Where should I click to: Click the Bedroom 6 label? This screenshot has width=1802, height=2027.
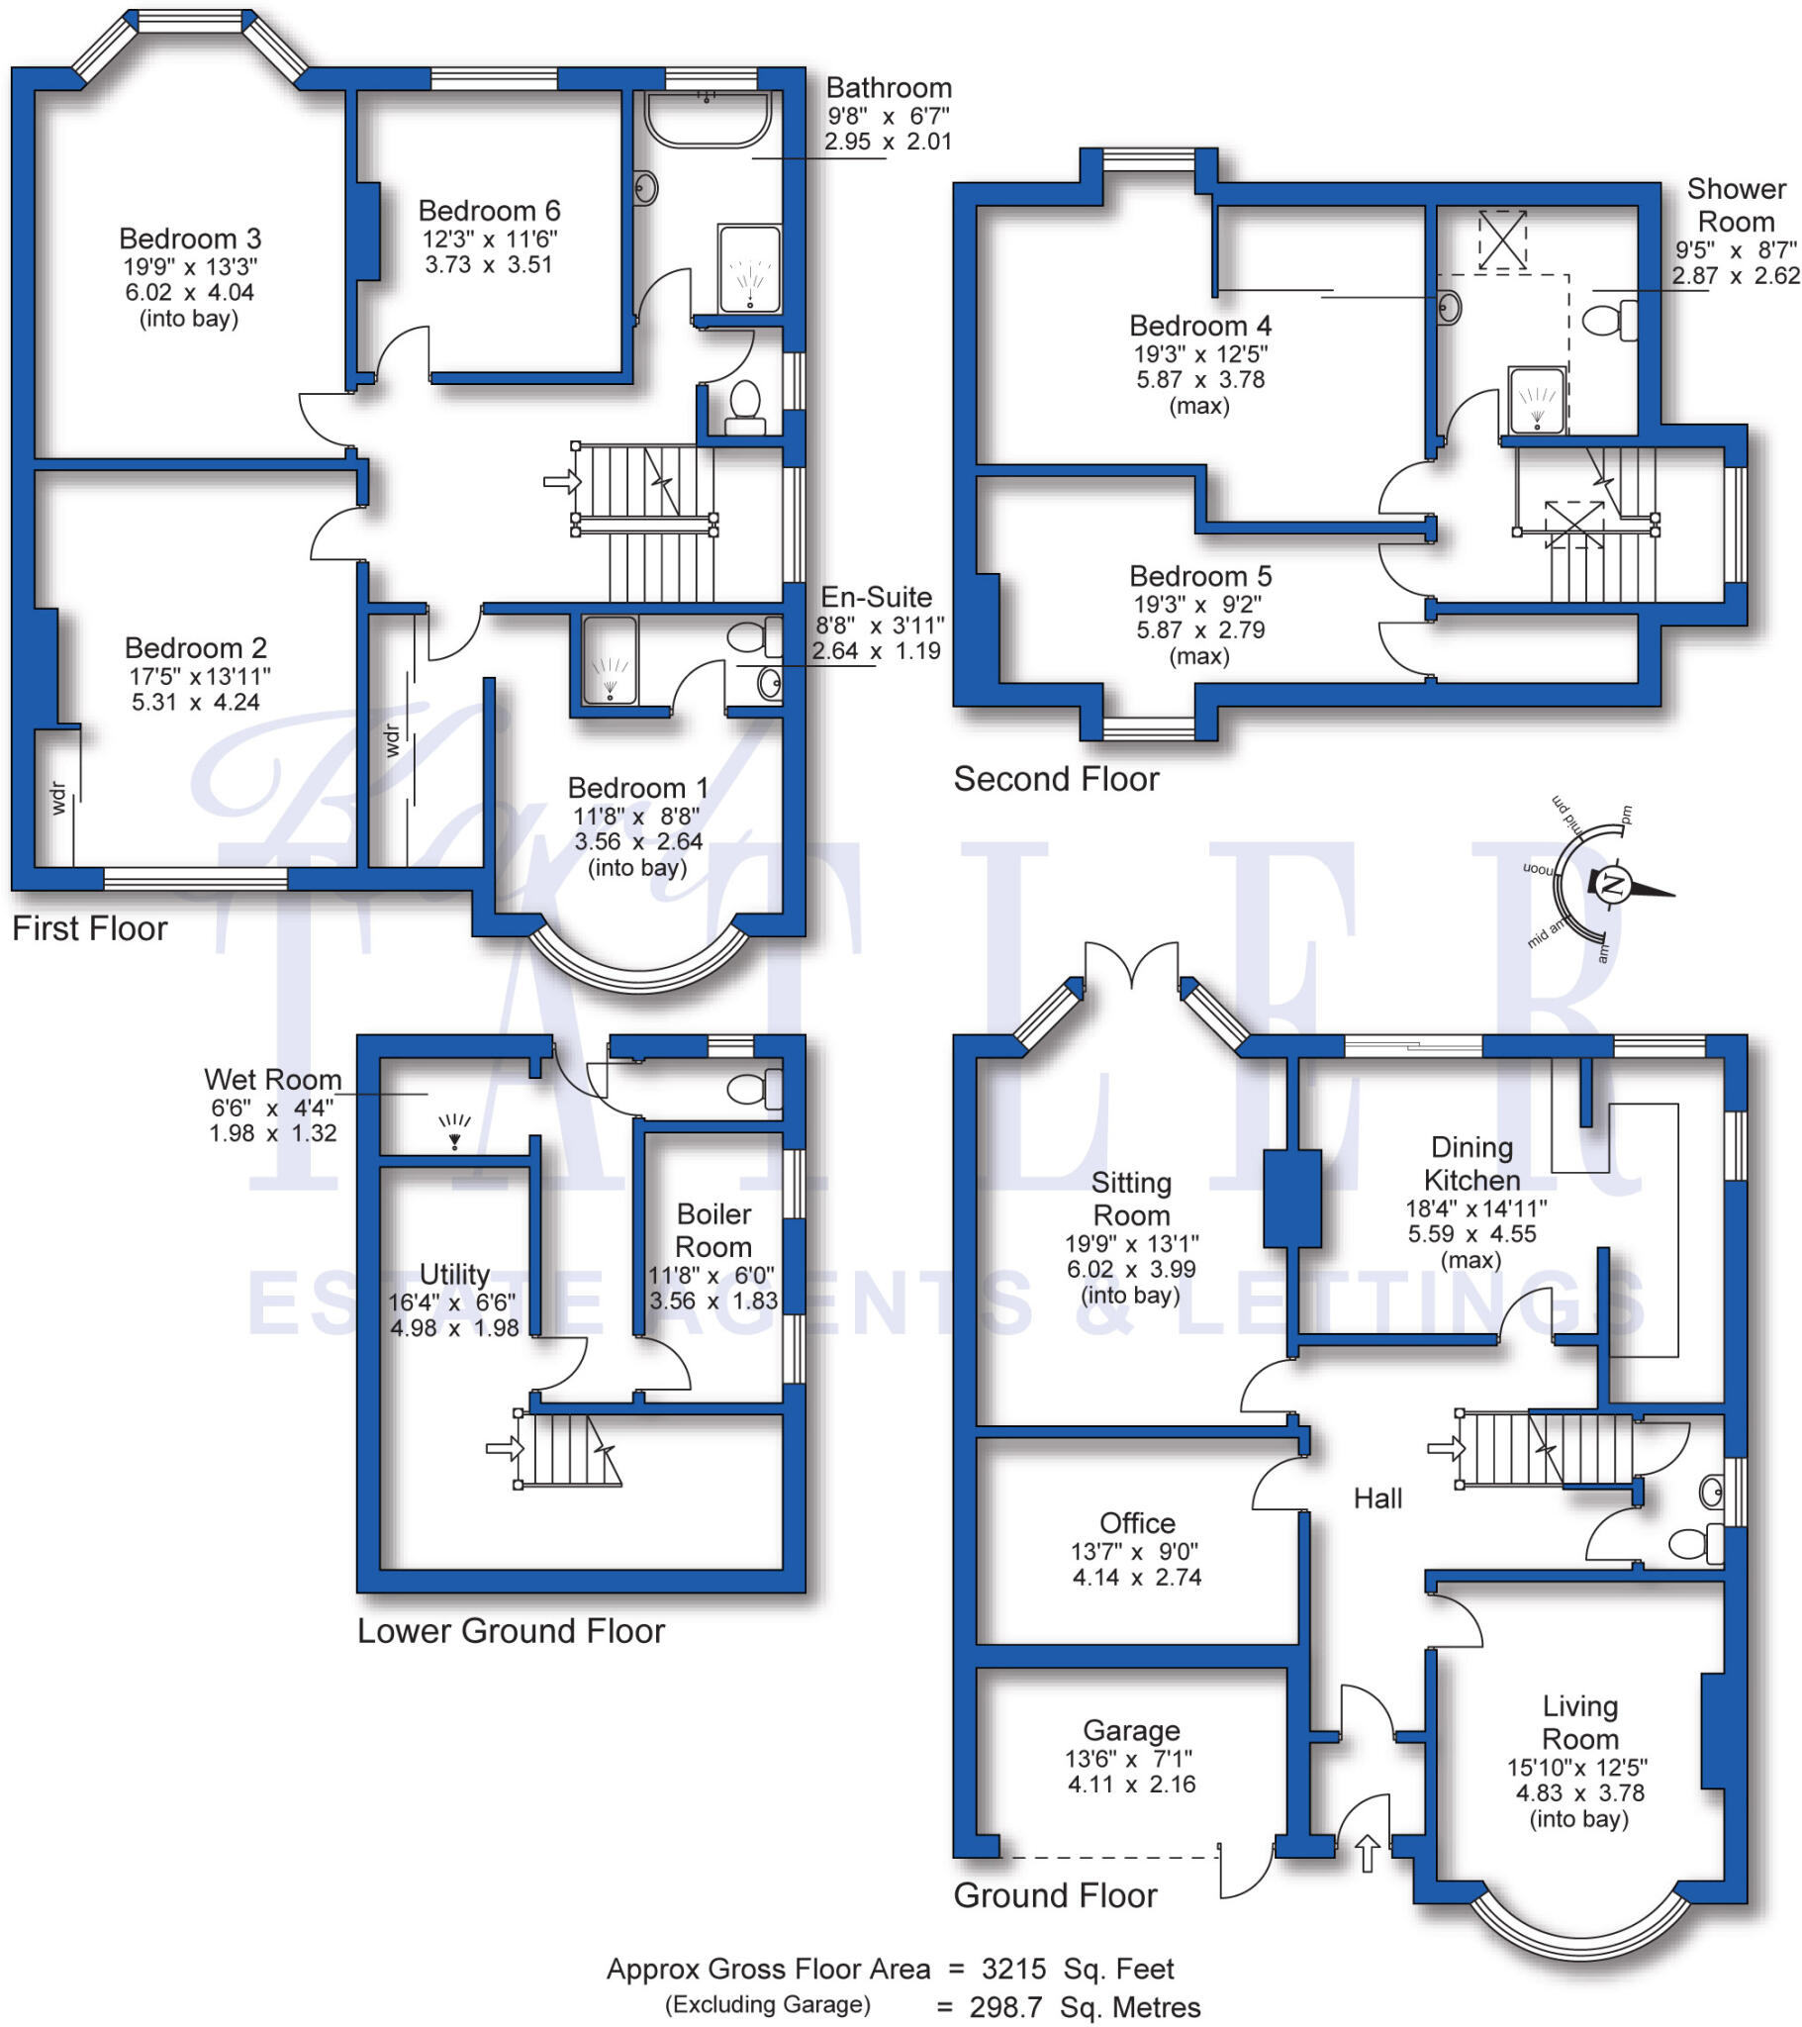pos(489,211)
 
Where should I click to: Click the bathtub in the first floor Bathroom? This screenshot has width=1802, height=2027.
pos(708,119)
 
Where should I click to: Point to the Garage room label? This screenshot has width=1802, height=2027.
pos(1131,1730)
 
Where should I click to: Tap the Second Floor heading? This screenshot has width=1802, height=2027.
pos(1055,780)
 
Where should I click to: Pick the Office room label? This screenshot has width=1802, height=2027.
pos(1137,1523)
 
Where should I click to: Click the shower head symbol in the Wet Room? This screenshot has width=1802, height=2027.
pos(454,1129)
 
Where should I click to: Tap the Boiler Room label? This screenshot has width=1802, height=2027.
pos(713,1229)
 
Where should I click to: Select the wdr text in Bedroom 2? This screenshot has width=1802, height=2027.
pos(57,798)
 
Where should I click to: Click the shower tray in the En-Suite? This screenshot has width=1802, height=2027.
pos(609,659)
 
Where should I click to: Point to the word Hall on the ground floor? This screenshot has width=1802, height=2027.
pos(1377,1498)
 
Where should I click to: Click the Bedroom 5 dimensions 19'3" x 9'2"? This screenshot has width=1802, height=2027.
pos(1200,603)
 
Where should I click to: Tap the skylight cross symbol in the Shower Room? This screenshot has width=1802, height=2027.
pos(1502,240)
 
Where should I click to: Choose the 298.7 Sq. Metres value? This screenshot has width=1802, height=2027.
pos(1084,2007)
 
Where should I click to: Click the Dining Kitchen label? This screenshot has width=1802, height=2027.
pos(1471,1163)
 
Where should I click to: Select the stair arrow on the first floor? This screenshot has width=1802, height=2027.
pos(562,482)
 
